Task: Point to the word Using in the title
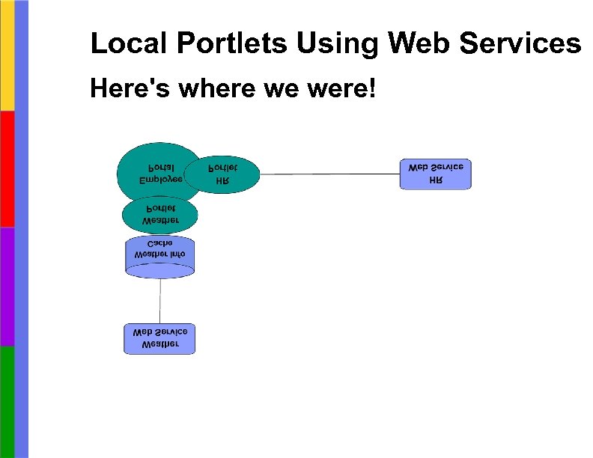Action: [x=337, y=45]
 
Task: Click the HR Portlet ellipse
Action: [x=222, y=174]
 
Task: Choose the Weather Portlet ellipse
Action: [x=160, y=215]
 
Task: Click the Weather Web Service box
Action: [x=159, y=338]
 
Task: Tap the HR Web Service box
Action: [x=436, y=174]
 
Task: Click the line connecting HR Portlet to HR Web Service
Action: [x=329, y=174]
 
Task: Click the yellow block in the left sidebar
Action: [x=7, y=55]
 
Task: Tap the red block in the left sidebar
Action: [x=7, y=168]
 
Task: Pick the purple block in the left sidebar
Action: [x=7, y=286]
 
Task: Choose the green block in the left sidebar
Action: [x=7, y=401]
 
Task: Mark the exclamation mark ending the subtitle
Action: [x=374, y=90]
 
